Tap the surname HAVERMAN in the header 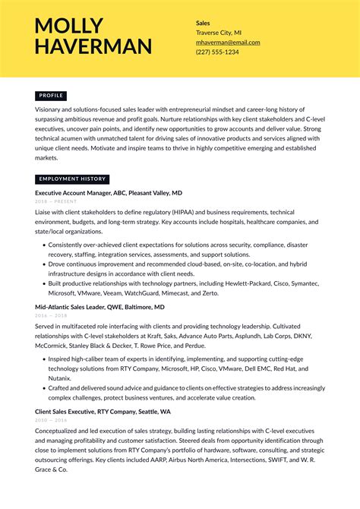93,47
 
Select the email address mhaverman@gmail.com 228,43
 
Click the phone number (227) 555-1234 217,52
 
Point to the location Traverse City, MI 219,33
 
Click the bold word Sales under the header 204,24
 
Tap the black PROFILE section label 51,96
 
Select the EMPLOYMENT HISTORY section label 72,179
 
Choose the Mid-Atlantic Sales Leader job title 99,307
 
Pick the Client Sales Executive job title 103,411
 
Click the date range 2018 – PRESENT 56,201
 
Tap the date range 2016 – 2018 51,315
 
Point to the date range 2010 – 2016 51,419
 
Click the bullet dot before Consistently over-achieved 43,245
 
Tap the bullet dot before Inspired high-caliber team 43,359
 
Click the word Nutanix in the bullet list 59,378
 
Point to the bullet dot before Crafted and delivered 43,387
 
